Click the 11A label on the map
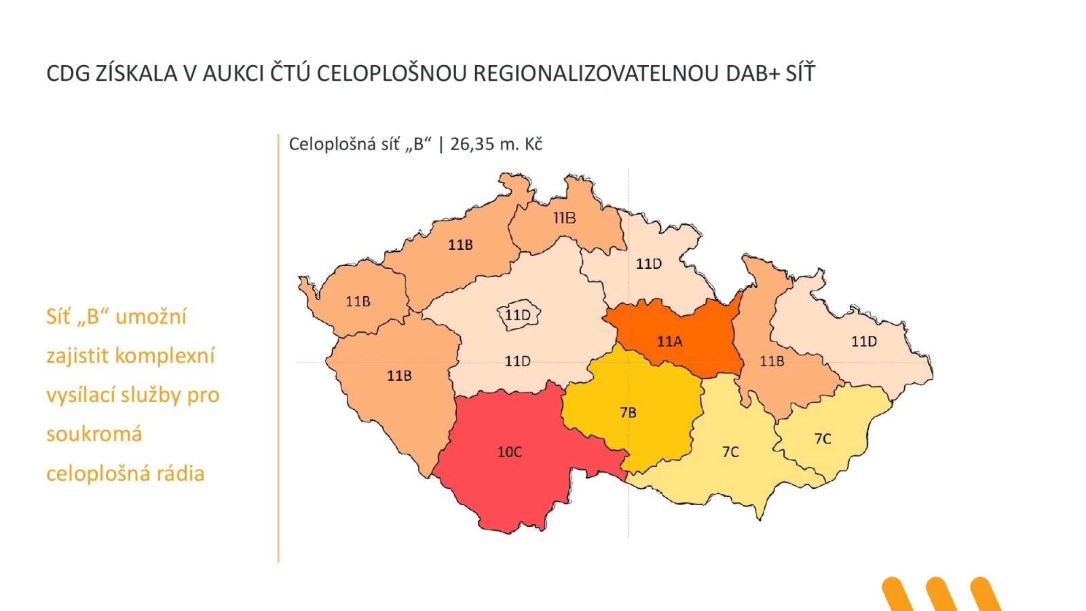click(669, 341)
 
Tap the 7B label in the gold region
click(628, 413)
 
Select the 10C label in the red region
click(510, 452)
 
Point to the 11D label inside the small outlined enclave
click(518, 315)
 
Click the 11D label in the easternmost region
click(864, 341)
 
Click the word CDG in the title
click(68, 73)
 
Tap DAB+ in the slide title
click(753, 73)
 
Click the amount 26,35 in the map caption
click(472, 144)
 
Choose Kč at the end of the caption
click(533, 144)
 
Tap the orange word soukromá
click(94, 434)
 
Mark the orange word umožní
click(151, 316)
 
